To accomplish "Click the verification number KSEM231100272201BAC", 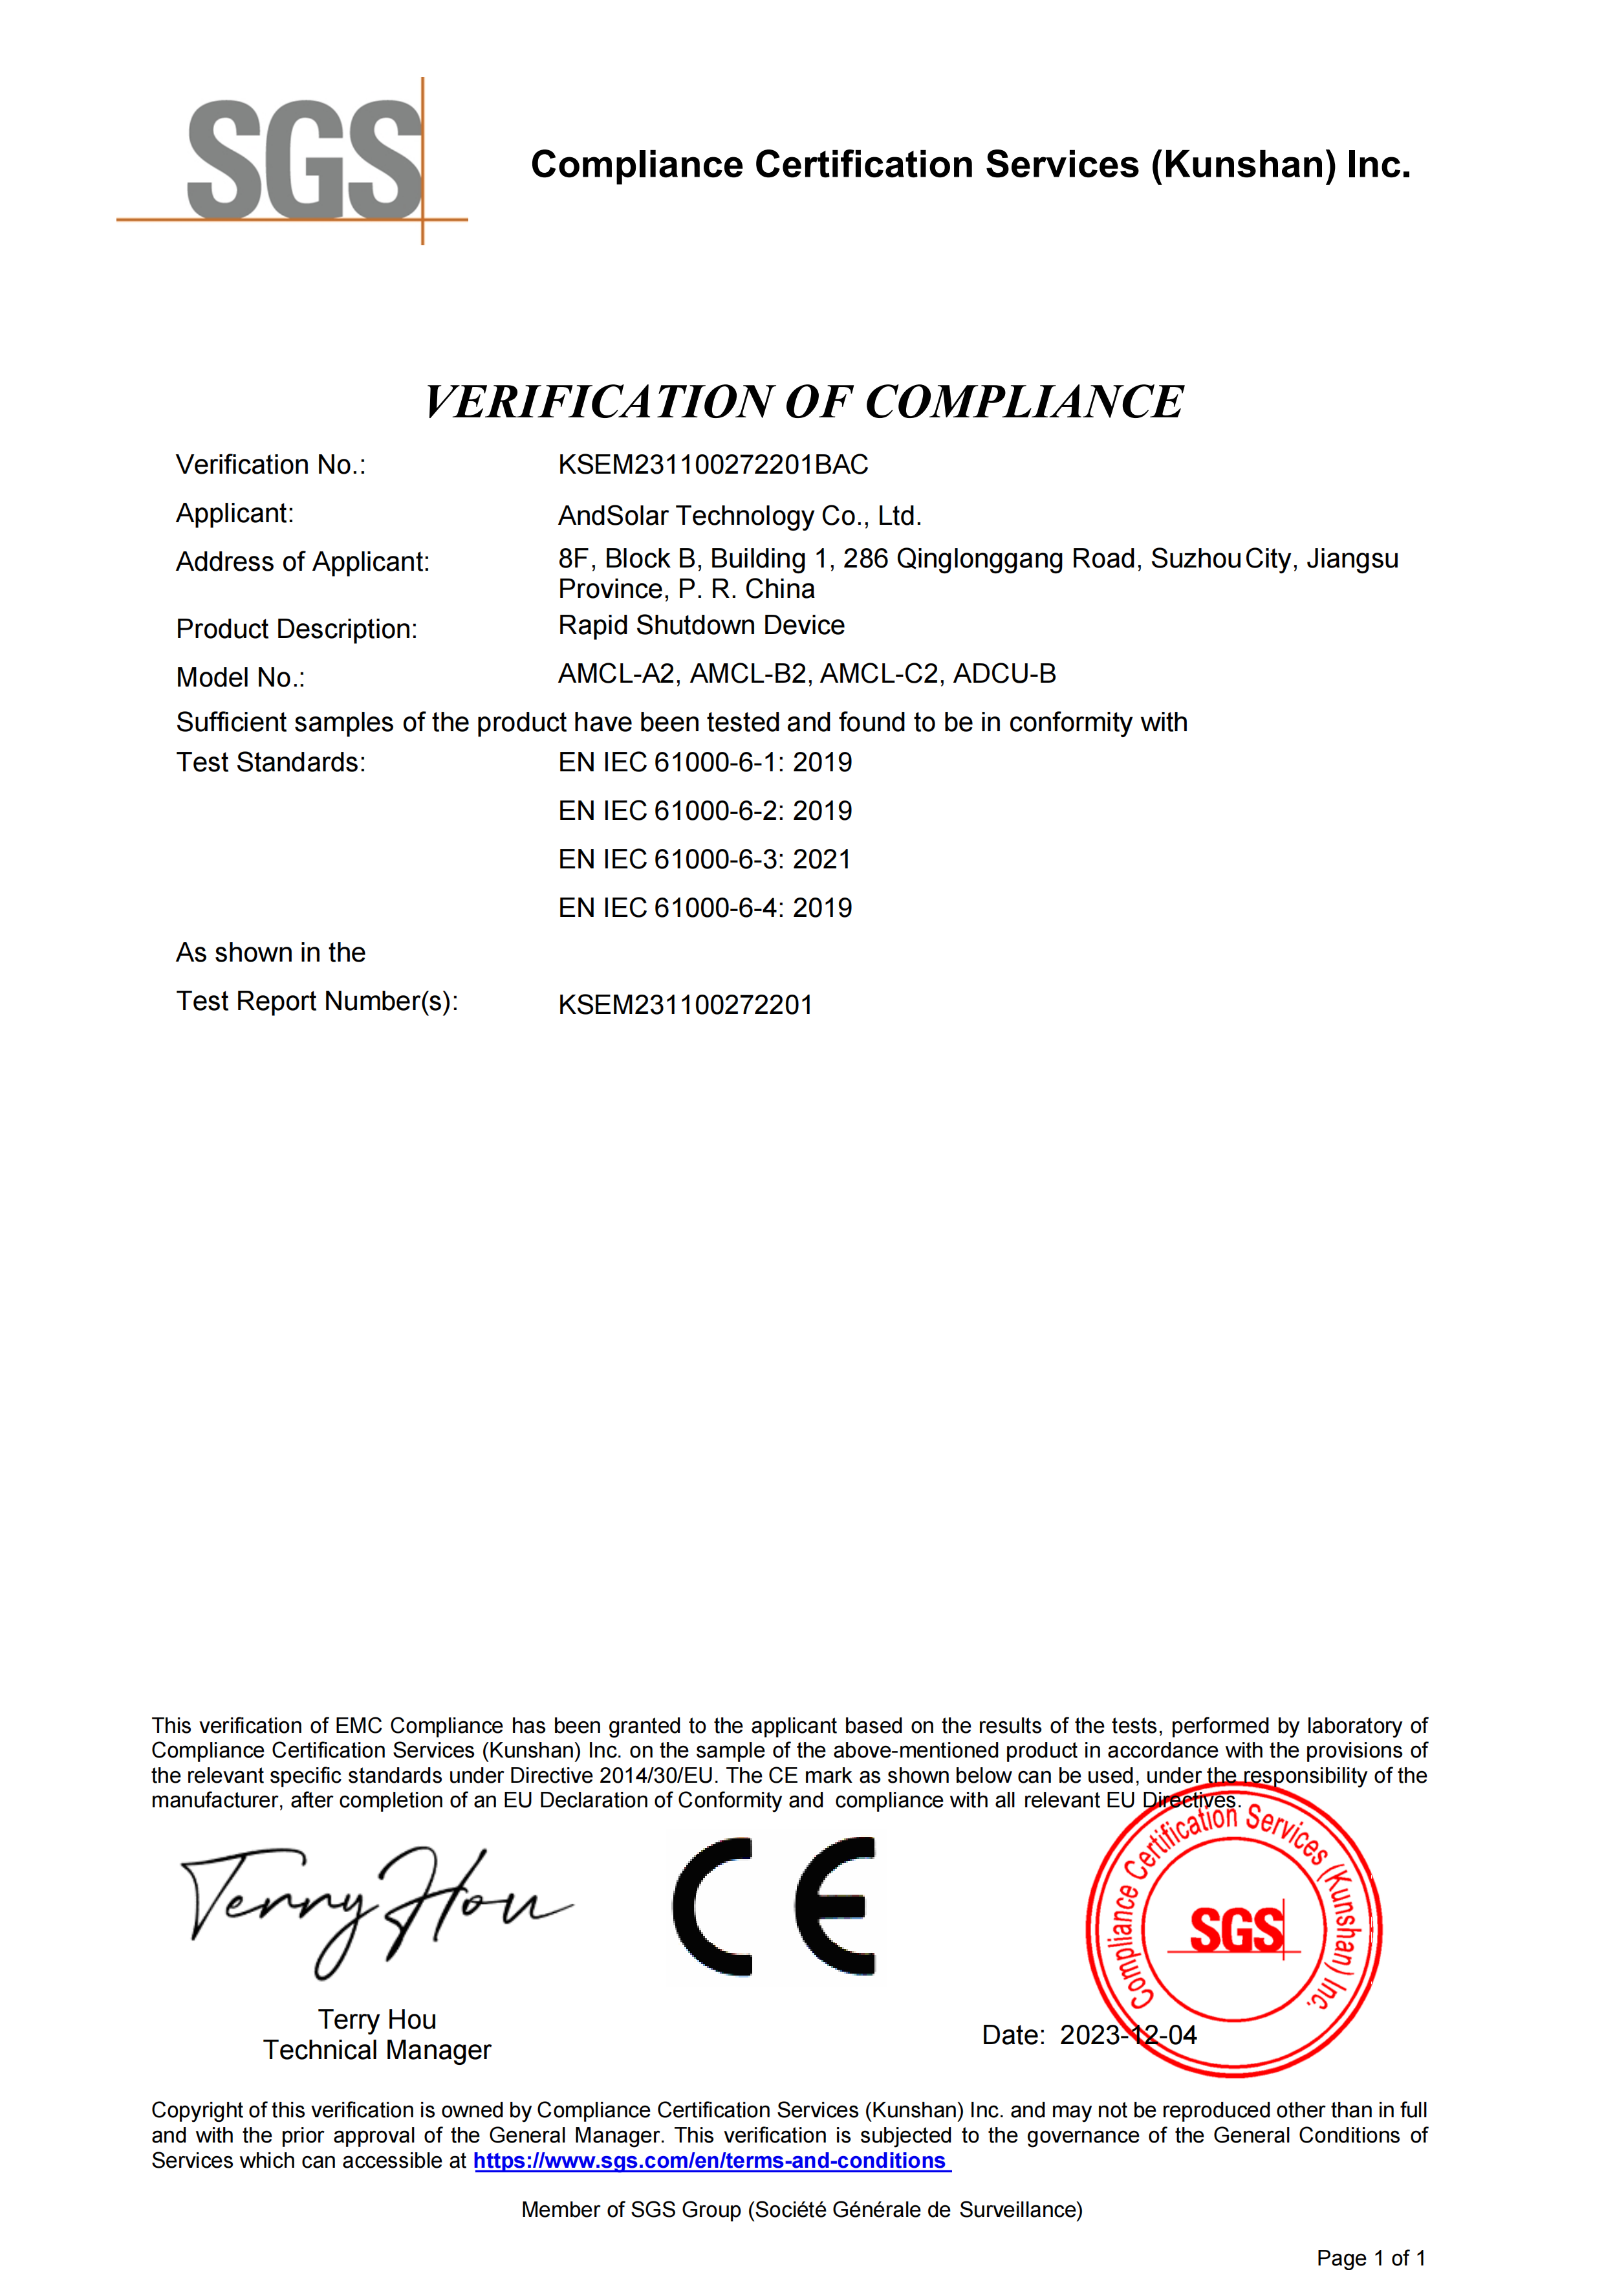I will [713, 465].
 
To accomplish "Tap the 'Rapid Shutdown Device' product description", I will [700, 626].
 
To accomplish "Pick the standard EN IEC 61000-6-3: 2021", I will [704, 860].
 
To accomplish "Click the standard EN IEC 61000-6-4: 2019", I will [704, 909].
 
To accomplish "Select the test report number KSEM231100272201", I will [685, 1006].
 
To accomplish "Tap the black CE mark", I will [774, 1906].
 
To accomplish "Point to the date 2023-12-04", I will [1127, 2034].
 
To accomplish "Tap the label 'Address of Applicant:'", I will [303, 562].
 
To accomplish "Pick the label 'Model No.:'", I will [240, 678].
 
